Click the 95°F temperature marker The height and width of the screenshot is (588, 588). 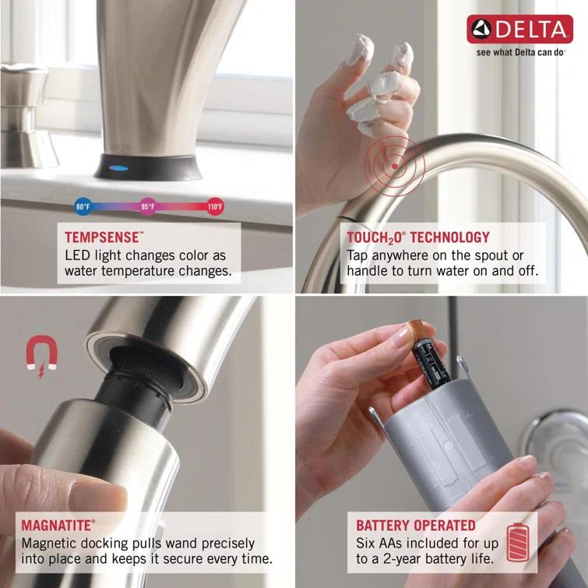click(148, 207)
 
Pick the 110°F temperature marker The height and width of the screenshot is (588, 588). click(215, 207)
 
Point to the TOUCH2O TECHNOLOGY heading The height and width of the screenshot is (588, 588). click(418, 237)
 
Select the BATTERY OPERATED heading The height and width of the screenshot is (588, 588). click(416, 526)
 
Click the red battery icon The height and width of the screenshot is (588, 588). click(517, 542)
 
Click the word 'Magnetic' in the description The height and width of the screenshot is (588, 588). click(48, 543)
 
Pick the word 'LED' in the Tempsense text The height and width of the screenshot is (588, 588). click(78, 255)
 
